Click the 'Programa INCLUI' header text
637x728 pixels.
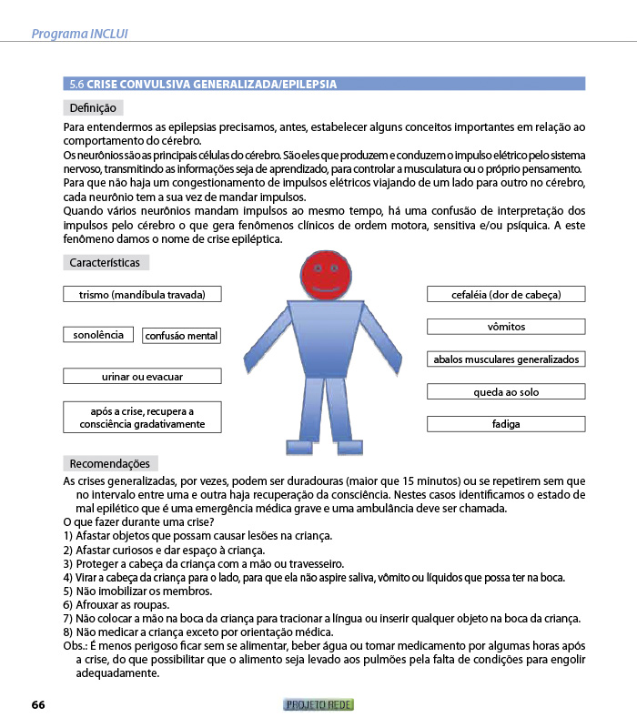(x=79, y=34)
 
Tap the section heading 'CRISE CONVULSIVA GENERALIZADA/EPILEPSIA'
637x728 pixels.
(x=211, y=85)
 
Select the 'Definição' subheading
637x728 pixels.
(x=92, y=108)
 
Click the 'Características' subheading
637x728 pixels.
(x=106, y=263)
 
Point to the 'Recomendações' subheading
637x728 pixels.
(x=110, y=463)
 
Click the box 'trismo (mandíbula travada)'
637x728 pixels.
(x=142, y=294)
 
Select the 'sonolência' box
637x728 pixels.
(x=98, y=335)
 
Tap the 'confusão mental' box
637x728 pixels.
(x=182, y=336)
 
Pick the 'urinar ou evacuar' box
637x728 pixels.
(x=142, y=376)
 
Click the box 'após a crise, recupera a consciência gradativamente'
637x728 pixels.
(x=142, y=417)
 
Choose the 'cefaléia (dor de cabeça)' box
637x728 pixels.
(x=506, y=294)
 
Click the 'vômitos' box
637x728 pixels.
(x=506, y=327)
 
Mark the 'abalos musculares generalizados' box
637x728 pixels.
(x=506, y=359)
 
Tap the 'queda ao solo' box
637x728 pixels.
(x=506, y=392)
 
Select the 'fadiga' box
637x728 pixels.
(x=506, y=424)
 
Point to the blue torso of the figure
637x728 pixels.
(x=326, y=337)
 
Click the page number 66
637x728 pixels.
(x=38, y=704)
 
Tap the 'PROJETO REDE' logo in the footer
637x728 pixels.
(x=318, y=704)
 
